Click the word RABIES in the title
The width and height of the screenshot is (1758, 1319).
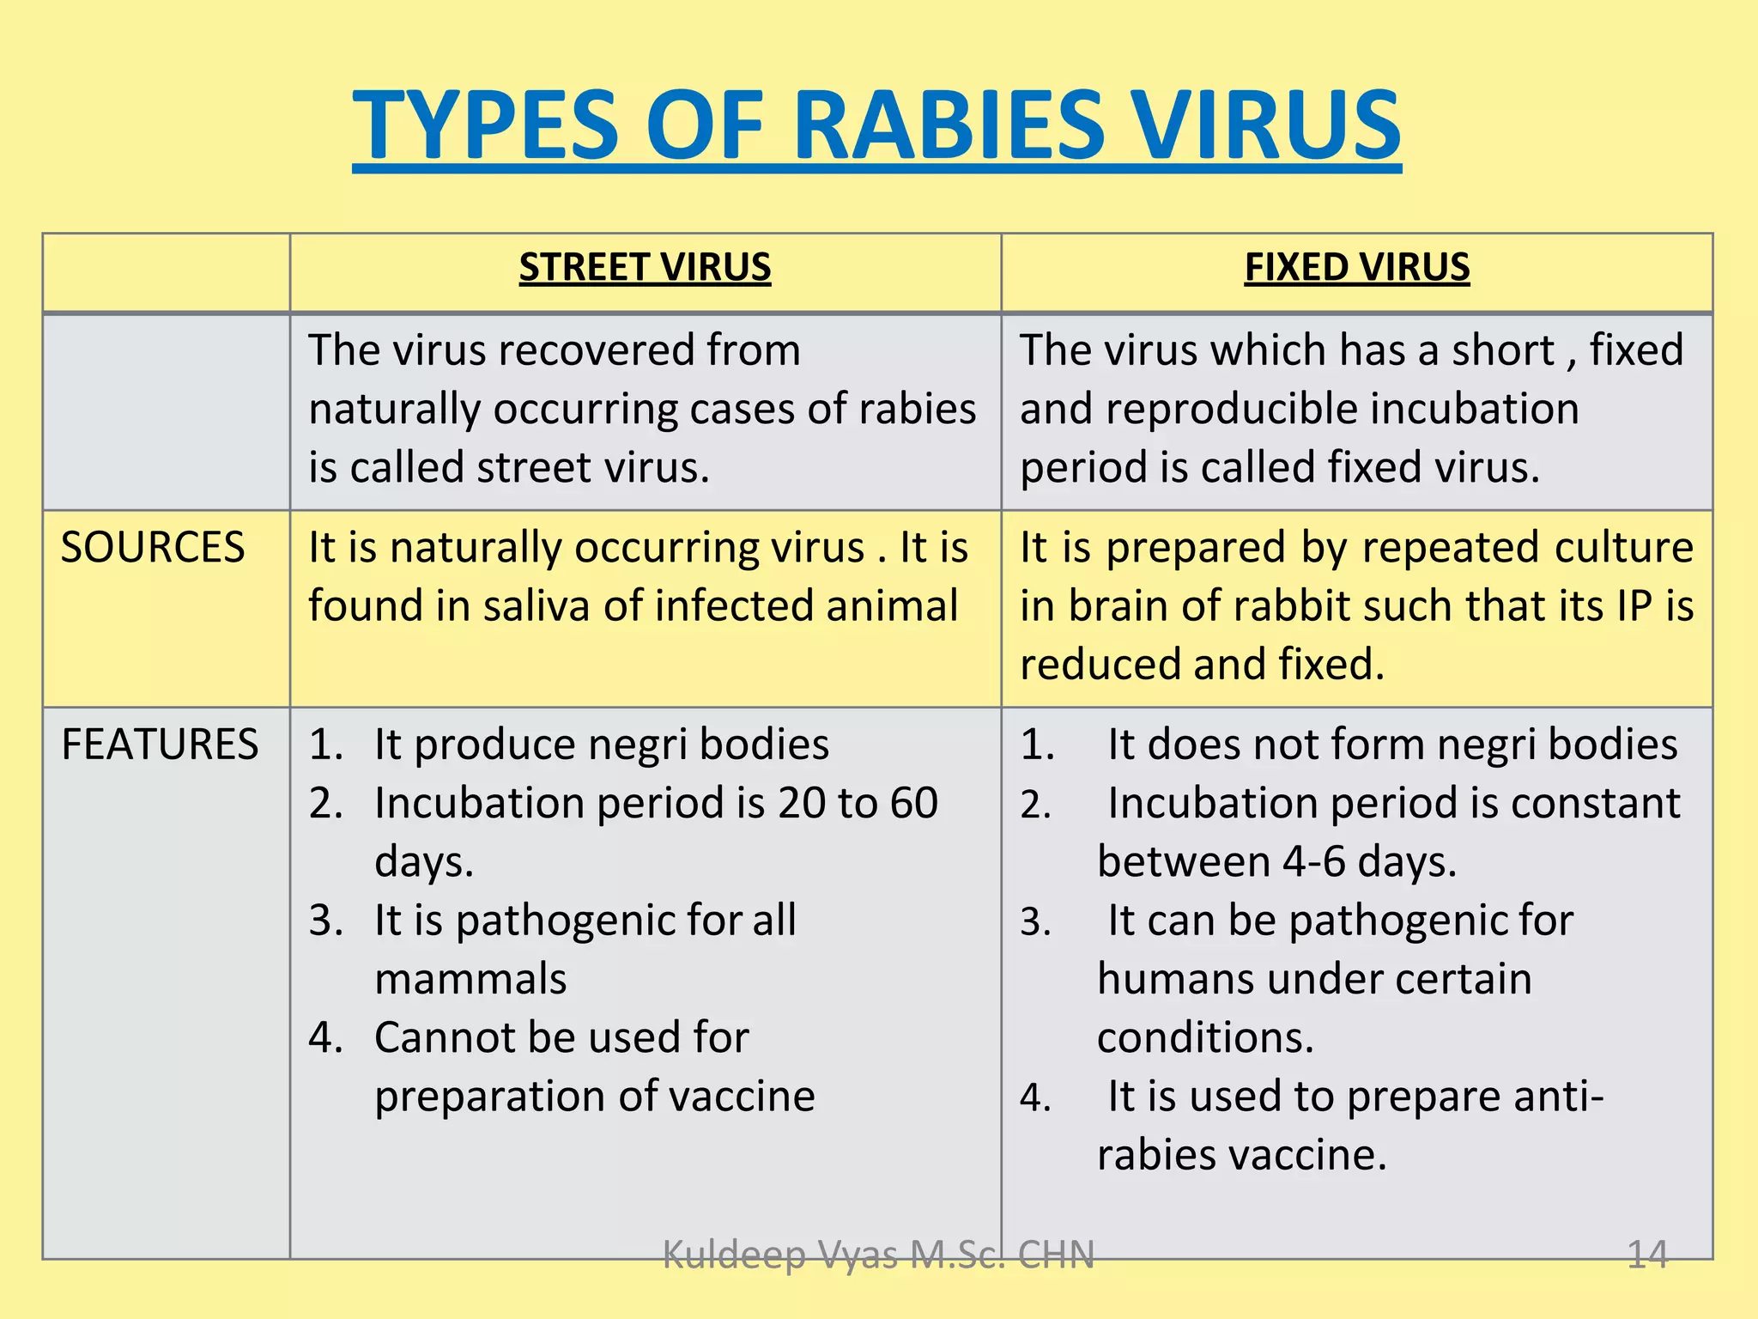(x=949, y=125)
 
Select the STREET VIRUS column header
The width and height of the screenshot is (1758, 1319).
(x=645, y=267)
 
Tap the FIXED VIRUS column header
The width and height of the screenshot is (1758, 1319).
(x=1357, y=267)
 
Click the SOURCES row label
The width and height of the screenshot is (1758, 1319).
(x=153, y=547)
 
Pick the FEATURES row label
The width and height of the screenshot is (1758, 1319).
(x=160, y=744)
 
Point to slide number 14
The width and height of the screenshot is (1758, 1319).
(x=1647, y=1255)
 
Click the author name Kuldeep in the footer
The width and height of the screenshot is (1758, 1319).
(x=735, y=1255)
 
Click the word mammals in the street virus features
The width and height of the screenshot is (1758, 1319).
(x=470, y=979)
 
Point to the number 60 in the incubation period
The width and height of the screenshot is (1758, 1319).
(x=913, y=803)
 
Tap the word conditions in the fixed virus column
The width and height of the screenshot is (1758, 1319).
(x=1204, y=1037)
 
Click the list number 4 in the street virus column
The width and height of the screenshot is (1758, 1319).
(x=324, y=1037)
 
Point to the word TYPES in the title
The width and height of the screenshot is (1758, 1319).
(x=485, y=125)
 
